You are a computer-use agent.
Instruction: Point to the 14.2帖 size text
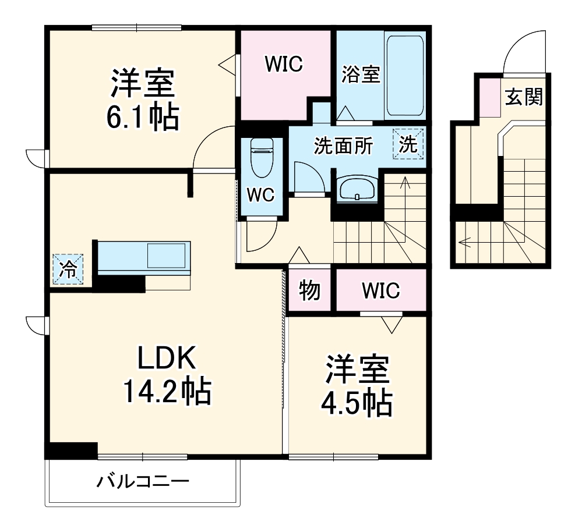pyautogui.click(x=165, y=391)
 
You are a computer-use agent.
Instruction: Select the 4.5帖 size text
pyautogui.click(x=357, y=402)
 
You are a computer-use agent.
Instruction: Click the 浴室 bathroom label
pyautogui.click(x=361, y=74)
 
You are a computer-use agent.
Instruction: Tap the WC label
pyautogui.click(x=260, y=196)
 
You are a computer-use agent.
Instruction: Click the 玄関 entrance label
pyautogui.click(x=523, y=97)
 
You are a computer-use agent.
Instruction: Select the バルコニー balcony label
pyautogui.click(x=143, y=481)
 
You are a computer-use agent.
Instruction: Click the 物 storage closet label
pyautogui.click(x=309, y=290)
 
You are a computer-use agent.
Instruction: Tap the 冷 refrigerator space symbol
pyautogui.click(x=69, y=269)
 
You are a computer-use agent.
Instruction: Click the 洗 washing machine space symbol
pyautogui.click(x=408, y=144)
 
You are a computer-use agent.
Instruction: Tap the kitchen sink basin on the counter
pyautogui.click(x=166, y=256)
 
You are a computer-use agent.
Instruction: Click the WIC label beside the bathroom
pyautogui.click(x=284, y=64)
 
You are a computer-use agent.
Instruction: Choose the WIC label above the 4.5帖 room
pyautogui.click(x=380, y=290)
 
